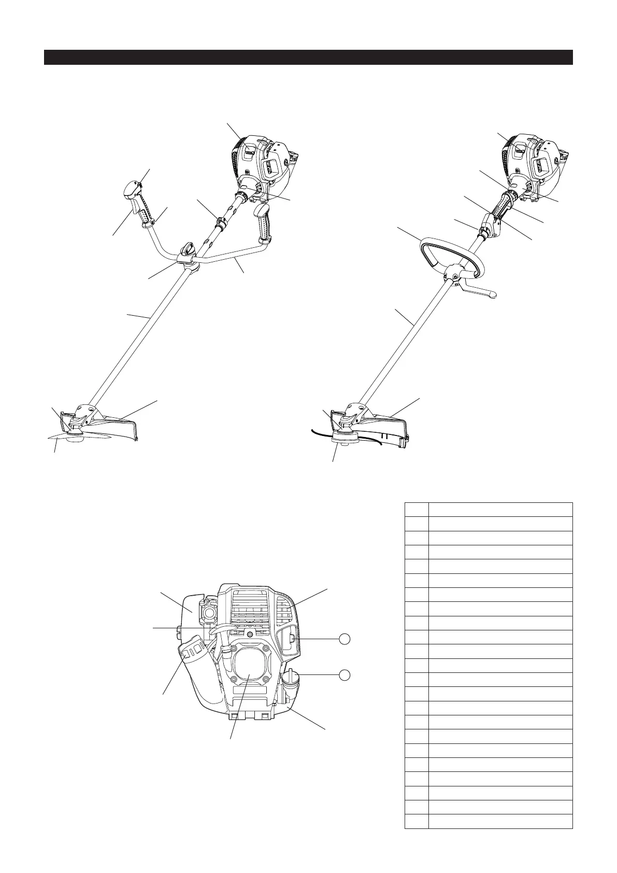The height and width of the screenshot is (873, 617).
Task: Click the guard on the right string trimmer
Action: click(381, 423)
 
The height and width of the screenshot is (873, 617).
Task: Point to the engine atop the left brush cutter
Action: click(264, 163)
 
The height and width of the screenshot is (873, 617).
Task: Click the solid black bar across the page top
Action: click(308, 57)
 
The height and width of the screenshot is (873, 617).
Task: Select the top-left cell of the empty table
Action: click(416, 509)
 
